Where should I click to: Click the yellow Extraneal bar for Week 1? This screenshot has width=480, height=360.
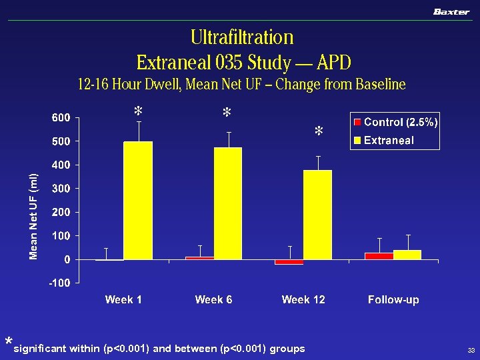click(x=138, y=200)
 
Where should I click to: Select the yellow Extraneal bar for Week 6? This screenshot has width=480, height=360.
click(x=228, y=203)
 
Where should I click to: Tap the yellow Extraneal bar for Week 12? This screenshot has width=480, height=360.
click(x=317, y=215)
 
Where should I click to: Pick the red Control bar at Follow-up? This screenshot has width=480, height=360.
click(x=379, y=256)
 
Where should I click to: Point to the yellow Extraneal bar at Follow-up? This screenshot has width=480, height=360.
click(x=407, y=255)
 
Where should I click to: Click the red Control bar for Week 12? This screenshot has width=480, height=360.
click(x=289, y=262)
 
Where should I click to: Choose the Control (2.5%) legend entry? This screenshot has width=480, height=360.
click(x=395, y=123)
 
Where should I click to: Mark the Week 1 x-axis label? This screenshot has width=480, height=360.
click(x=123, y=300)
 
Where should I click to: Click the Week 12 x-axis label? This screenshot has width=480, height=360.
click(x=303, y=300)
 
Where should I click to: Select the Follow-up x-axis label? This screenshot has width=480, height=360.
click(x=393, y=300)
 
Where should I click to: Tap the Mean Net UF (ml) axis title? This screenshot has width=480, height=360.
click(x=34, y=216)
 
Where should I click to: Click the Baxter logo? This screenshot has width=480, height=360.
click(x=451, y=11)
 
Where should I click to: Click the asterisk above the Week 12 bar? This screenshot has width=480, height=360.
click(x=319, y=132)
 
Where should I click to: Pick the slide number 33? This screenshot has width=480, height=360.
click(x=471, y=351)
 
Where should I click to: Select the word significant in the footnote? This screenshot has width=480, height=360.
click(x=42, y=349)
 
